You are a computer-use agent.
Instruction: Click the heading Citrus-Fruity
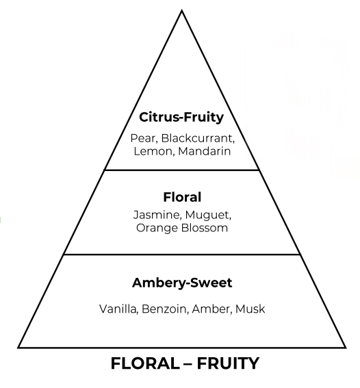[x=181, y=117]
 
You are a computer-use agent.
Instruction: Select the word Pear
[x=144, y=138]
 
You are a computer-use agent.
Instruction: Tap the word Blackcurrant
[x=198, y=138]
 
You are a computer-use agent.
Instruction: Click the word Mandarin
[x=205, y=151]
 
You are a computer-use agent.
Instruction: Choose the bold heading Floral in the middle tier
[x=182, y=197]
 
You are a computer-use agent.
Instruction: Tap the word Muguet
[x=208, y=215]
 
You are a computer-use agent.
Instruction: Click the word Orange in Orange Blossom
[x=157, y=228]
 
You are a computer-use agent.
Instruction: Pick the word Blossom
[x=205, y=228]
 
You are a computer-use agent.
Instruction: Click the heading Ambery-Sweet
[x=182, y=283]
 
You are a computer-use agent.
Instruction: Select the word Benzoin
[x=165, y=309]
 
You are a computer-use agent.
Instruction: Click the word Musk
[x=250, y=309]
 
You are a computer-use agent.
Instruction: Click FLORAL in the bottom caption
[x=145, y=363]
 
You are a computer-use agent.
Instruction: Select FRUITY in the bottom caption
[x=228, y=363]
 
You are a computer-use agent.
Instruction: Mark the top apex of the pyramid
[x=181, y=10]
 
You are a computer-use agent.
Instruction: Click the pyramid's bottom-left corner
[x=18, y=348]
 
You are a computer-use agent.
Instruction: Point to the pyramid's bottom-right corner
[x=345, y=348]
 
